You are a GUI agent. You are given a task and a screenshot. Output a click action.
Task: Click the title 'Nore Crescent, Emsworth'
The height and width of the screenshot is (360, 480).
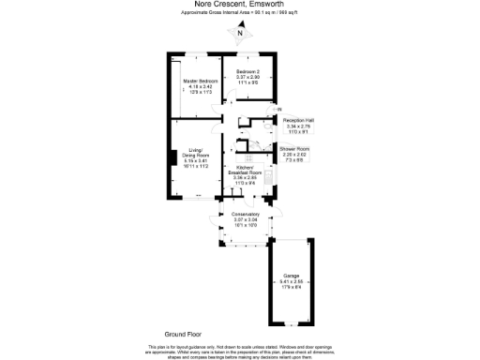coord(240,4)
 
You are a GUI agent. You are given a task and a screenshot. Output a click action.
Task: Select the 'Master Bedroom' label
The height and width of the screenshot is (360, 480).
coord(201,82)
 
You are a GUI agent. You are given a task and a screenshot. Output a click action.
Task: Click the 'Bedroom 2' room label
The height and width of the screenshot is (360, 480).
coord(248,71)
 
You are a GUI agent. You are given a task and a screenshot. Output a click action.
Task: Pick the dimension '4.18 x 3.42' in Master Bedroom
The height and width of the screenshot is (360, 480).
coord(201,87)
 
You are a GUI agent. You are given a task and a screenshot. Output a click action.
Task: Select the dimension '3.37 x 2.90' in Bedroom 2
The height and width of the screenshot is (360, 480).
coord(248,77)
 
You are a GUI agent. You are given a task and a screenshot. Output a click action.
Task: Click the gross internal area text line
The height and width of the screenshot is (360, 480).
coord(240,12)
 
